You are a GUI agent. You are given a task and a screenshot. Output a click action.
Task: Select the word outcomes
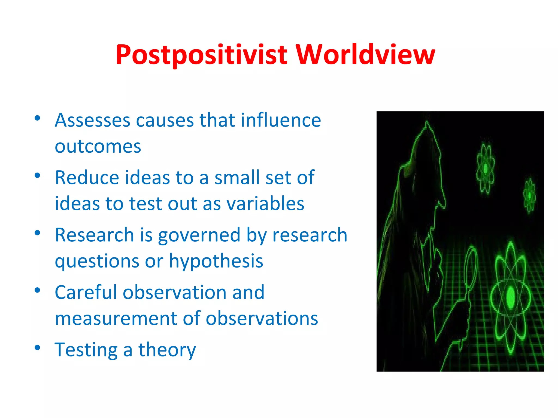point(98,147)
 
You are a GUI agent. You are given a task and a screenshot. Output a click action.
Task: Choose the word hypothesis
point(216,261)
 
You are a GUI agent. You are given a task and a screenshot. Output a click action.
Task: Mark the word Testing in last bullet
point(86,350)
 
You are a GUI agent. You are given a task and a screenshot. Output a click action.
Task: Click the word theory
point(167,350)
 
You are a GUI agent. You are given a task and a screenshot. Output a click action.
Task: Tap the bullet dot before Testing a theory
point(38,348)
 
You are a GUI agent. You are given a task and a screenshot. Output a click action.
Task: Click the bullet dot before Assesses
point(38,118)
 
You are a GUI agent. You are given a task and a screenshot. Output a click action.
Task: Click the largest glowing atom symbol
point(511,298)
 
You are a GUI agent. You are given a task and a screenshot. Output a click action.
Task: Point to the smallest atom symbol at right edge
point(529,195)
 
